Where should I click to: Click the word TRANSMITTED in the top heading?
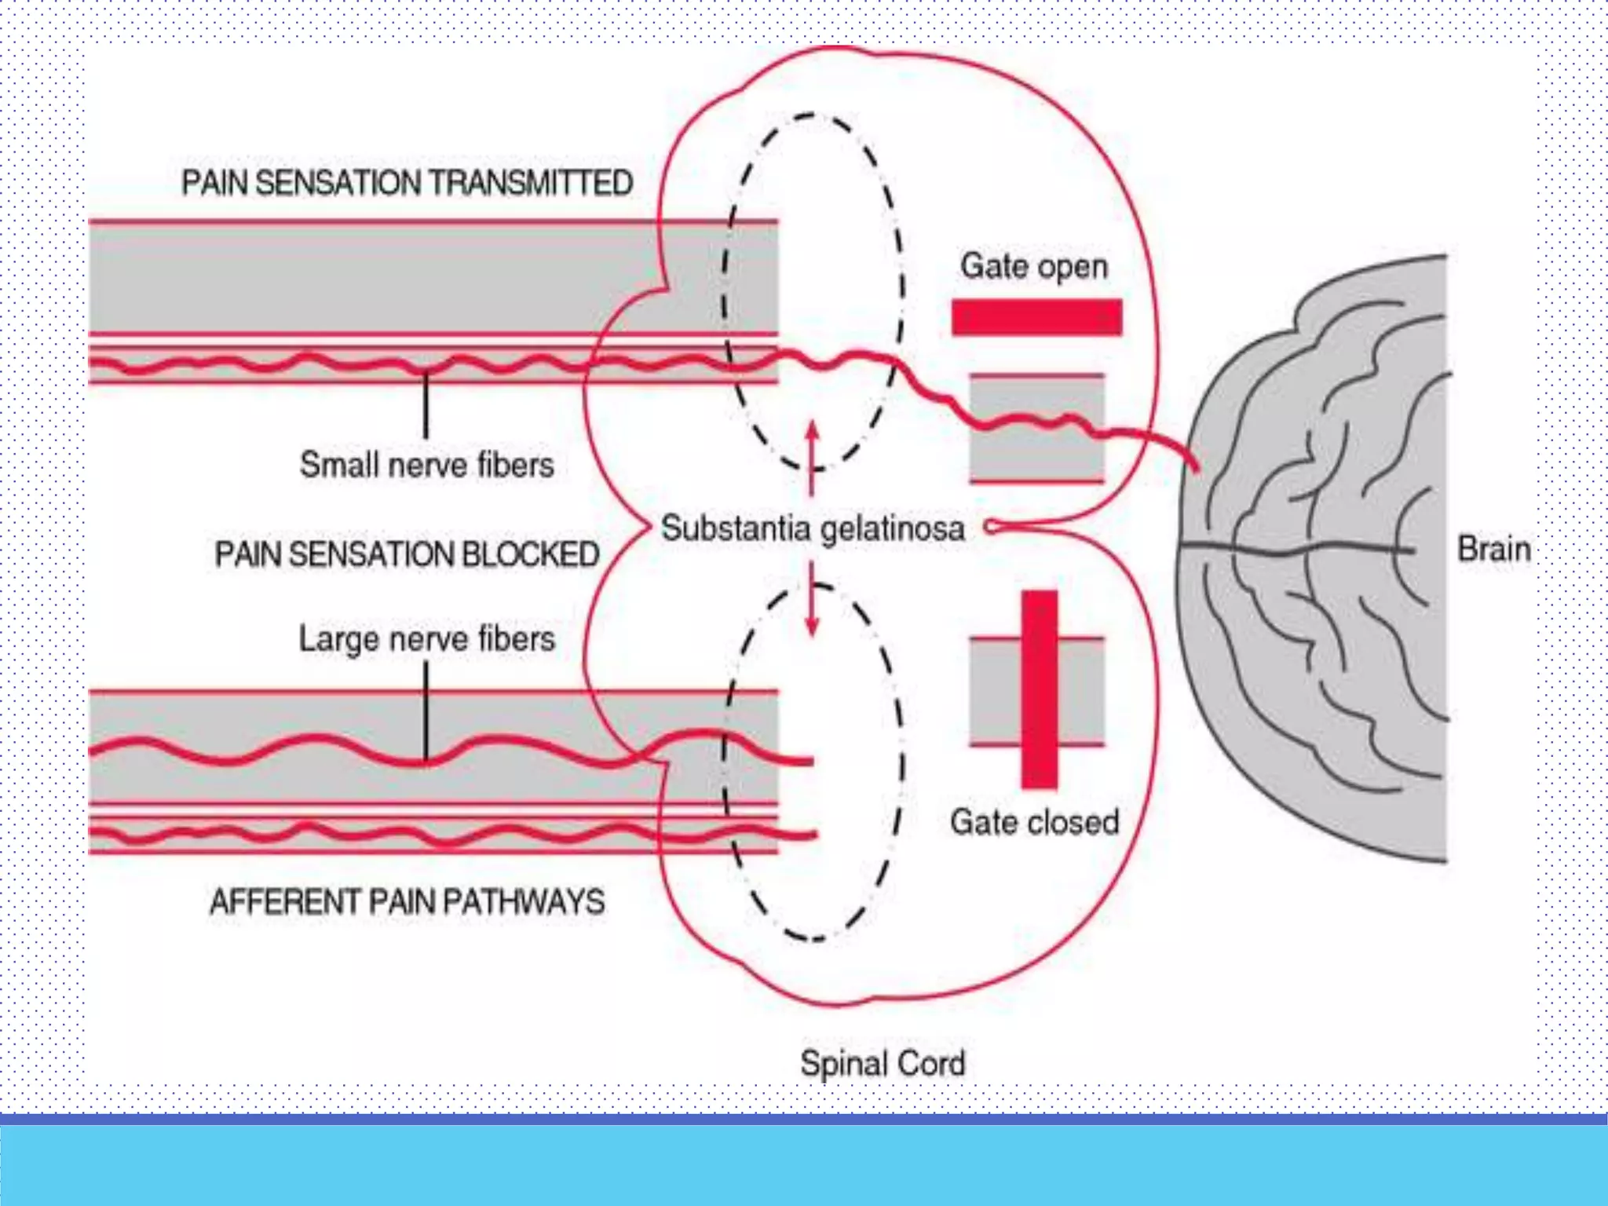coord(531,183)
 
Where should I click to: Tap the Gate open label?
coord(1034,266)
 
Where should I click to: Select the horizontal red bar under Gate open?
coord(1036,317)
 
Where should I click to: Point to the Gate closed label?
coord(1034,822)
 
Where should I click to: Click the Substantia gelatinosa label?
coord(813,528)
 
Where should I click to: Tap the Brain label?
coord(1493,549)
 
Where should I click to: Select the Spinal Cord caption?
coord(882,1064)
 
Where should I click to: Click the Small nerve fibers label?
coord(426,465)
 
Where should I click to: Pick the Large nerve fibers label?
coord(426,639)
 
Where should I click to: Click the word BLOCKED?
coord(531,554)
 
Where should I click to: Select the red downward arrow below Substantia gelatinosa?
coord(812,609)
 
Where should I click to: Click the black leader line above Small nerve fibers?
coord(426,404)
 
